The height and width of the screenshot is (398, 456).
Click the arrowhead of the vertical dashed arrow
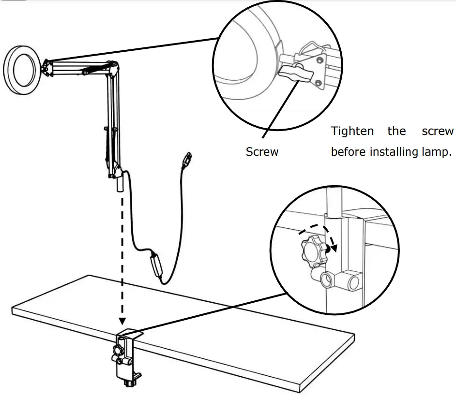click(x=122, y=321)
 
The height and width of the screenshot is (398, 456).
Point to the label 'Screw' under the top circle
click(x=262, y=152)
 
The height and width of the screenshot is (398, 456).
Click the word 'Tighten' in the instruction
click(x=352, y=131)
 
